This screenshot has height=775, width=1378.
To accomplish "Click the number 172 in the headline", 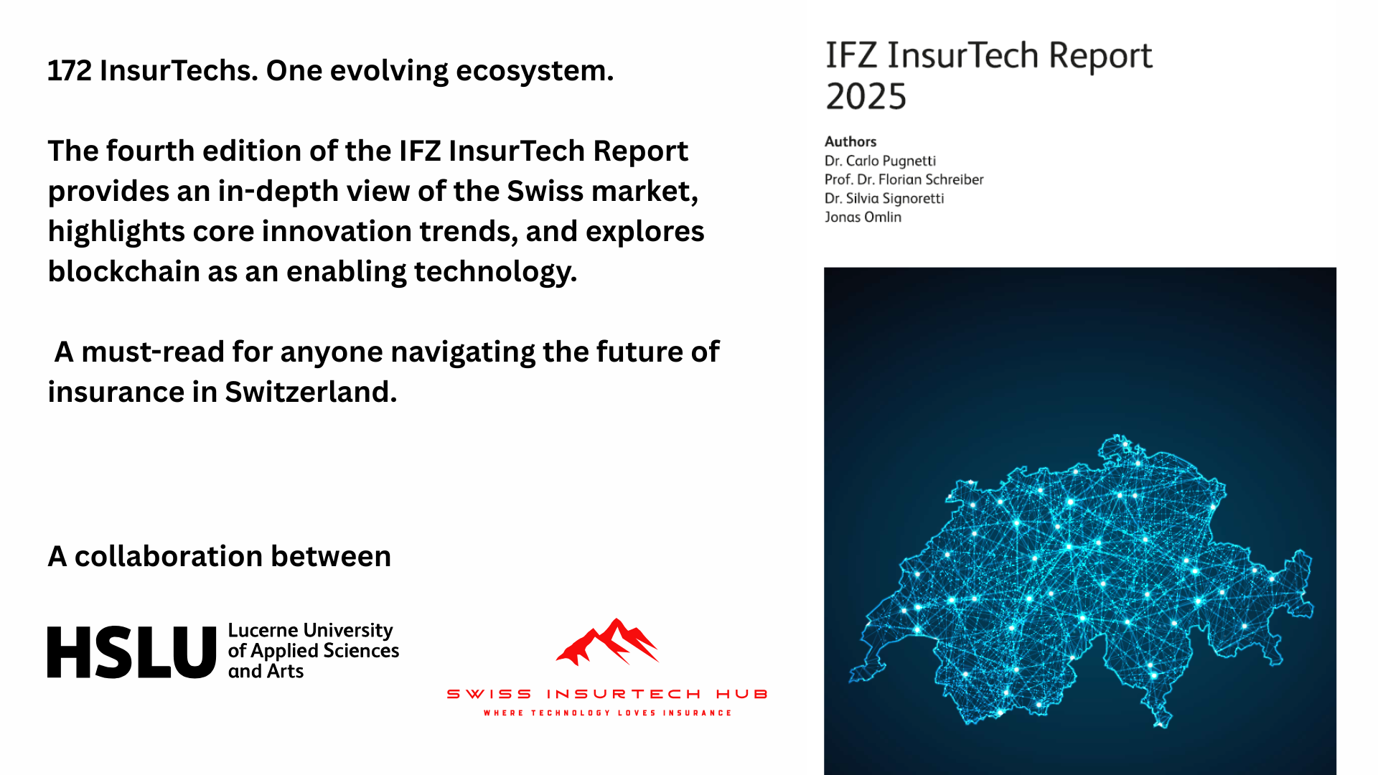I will pos(70,71).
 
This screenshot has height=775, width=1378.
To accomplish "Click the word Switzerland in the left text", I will pos(310,393).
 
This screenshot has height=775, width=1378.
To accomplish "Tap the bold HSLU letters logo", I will pos(131,652).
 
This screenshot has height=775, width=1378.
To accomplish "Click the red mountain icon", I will pos(607,642).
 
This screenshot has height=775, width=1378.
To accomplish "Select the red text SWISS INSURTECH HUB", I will pos(607,694).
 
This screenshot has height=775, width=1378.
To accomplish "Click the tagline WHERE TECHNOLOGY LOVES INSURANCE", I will pos(607,713).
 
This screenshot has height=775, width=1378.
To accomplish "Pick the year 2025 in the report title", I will pos(866,96).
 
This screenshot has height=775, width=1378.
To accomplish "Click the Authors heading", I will pos(850,141).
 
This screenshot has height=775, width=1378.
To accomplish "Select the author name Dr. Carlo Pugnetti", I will pos(880,161).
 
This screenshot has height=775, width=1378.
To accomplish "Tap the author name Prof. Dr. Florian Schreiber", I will pos(904,179).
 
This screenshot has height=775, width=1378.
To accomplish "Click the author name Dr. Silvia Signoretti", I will pos(884,198).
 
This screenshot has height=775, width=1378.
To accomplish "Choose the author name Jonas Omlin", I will pos(863,217).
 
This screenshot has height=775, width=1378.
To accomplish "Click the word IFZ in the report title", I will pos(851,55).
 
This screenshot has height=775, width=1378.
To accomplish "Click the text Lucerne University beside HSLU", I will pos(310,630).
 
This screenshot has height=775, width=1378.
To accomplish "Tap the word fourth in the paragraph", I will pos(151,151).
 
